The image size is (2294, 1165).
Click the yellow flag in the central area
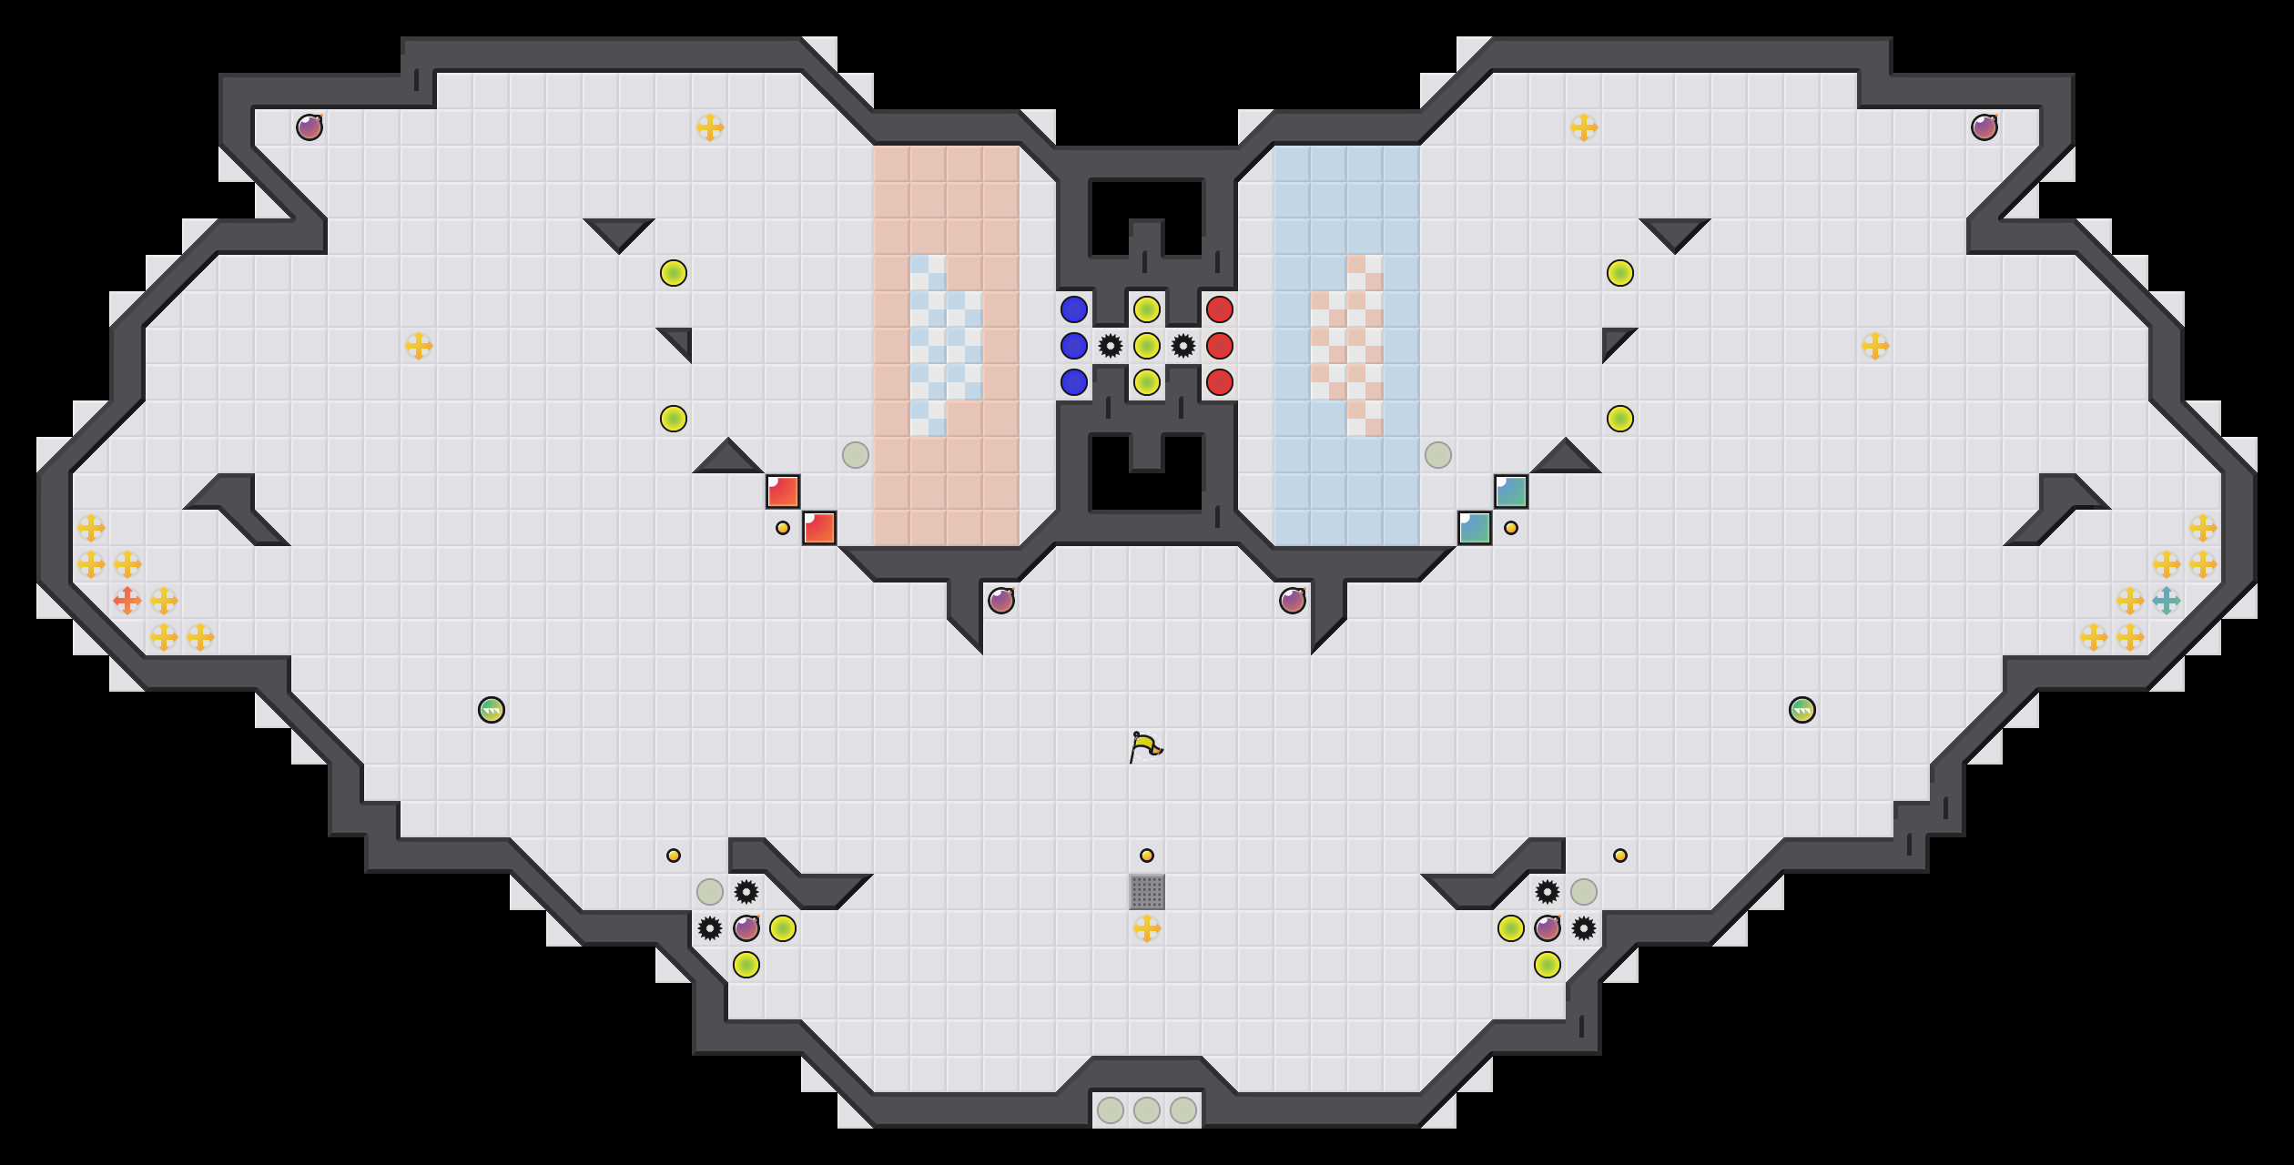pyautogui.click(x=1145, y=746)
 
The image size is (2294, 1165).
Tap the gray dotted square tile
pyautogui.click(x=1147, y=892)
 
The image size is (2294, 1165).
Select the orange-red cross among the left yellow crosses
pyautogui.click(x=127, y=601)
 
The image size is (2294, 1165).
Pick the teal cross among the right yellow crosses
pyautogui.click(x=2167, y=601)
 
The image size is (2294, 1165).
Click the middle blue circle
pyautogui.click(x=1074, y=346)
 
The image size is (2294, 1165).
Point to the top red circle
pyautogui.click(x=1220, y=309)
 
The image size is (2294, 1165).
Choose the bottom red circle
pyautogui.click(x=1220, y=382)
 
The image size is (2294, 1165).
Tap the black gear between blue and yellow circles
pyautogui.click(x=1111, y=346)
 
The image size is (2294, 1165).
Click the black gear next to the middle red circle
pyautogui.click(x=1183, y=346)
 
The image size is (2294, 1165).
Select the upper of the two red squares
pyautogui.click(x=783, y=491)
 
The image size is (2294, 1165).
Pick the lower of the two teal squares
pyautogui.click(x=1475, y=528)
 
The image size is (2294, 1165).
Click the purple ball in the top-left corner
pyautogui.click(x=310, y=127)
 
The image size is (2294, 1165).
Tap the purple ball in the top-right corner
pyautogui.click(x=1984, y=127)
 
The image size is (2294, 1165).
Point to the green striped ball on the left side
pyautogui.click(x=492, y=710)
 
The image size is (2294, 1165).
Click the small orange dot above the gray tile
pyautogui.click(x=1147, y=856)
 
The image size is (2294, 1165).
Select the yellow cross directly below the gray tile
pyautogui.click(x=1147, y=928)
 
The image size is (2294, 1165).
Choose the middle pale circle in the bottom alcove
pyautogui.click(x=1147, y=1110)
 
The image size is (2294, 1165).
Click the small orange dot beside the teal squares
pyautogui.click(x=1511, y=528)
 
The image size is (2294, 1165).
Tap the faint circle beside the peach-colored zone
pyautogui.click(x=856, y=455)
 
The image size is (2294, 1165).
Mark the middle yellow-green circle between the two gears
pyautogui.click(x=1147, y=346)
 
